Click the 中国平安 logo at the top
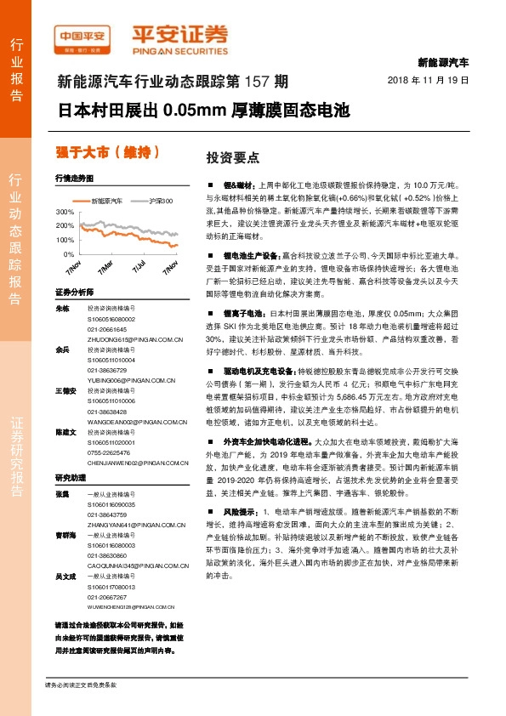81,36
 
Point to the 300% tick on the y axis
65,211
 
